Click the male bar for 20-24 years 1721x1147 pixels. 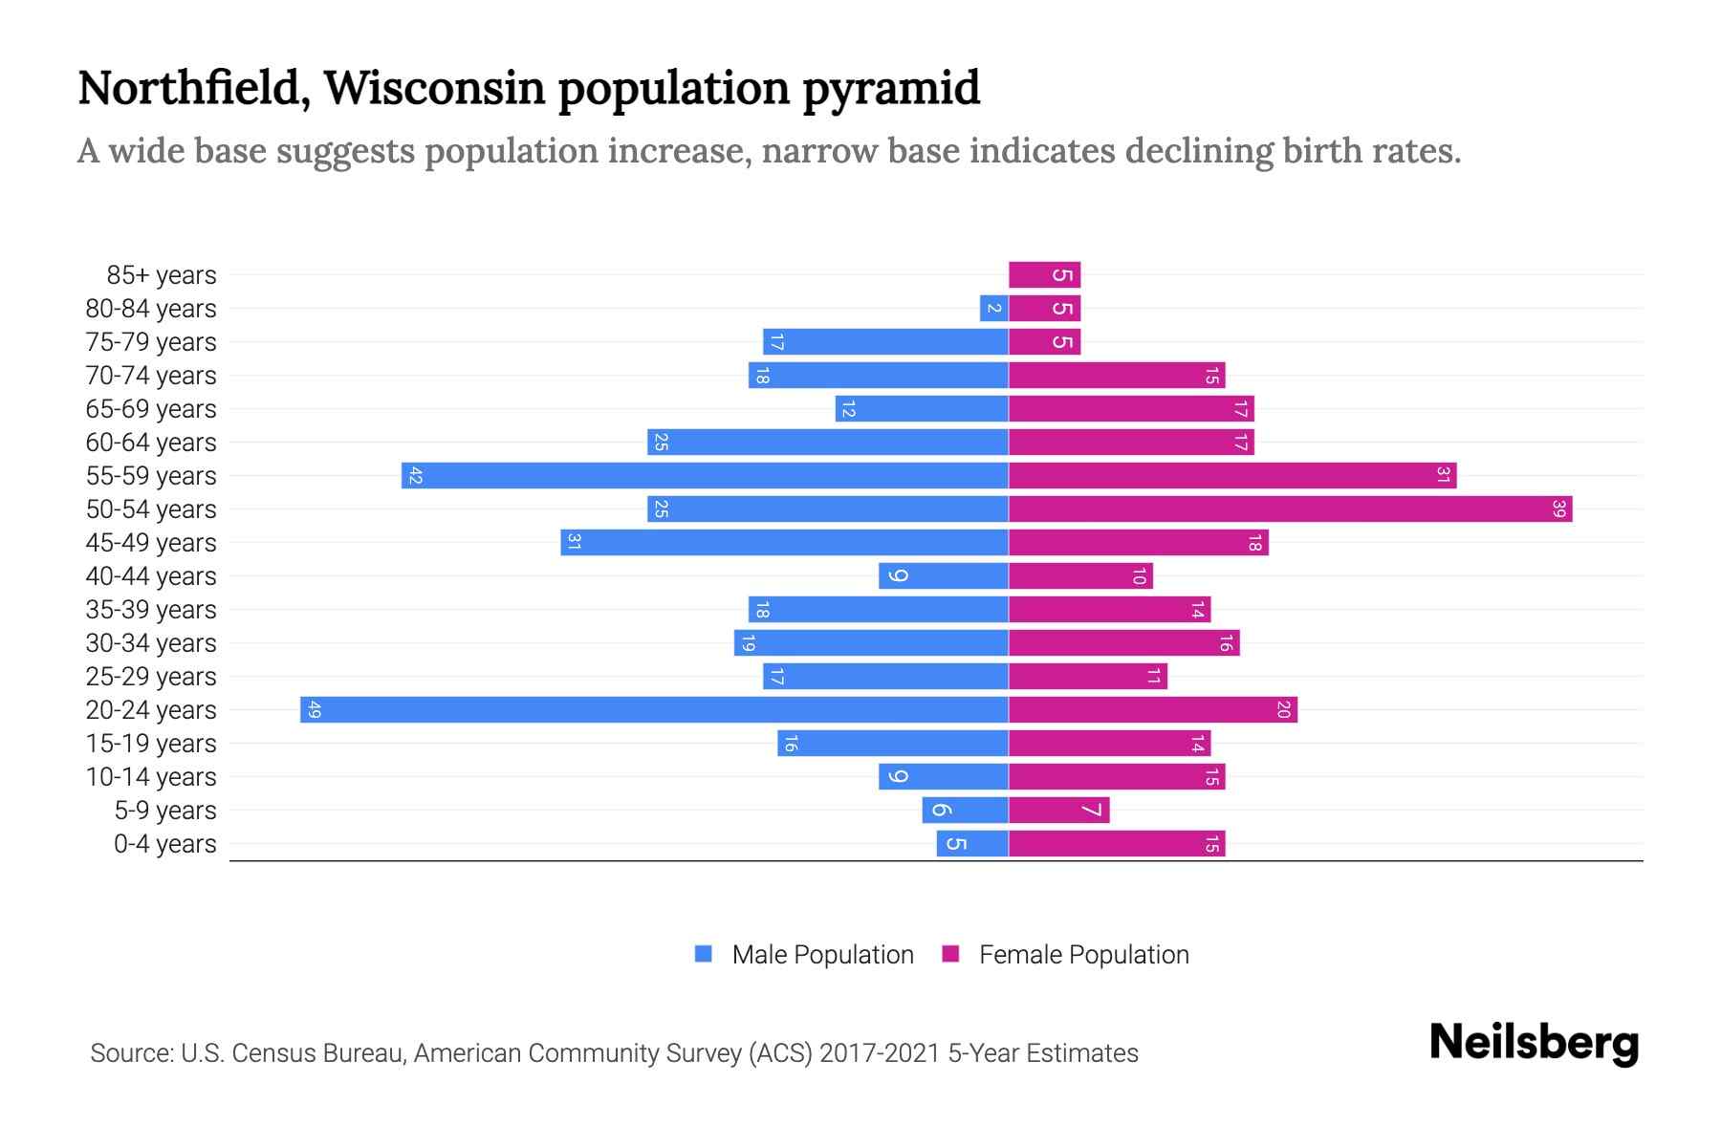(654, 710)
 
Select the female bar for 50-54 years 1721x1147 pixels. (1290, 509)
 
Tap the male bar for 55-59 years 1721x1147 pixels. (705, 476)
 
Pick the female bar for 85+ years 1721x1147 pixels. (1044, 275)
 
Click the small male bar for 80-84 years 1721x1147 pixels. (994, 309)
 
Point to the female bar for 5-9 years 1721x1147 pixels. (1058, 811)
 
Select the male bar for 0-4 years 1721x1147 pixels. (972, 844)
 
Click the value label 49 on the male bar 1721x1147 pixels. (315, 710)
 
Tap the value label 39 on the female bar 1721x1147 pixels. (1559, 509)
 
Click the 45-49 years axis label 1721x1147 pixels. (151, 543)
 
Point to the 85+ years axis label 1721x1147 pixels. (162, 275)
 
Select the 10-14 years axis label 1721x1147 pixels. (151, 777)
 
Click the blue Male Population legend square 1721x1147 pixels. (704, 954)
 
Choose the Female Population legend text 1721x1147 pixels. (1083, 955)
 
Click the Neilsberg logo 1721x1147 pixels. (1534, 1043)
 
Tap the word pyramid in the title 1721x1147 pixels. (891, 89)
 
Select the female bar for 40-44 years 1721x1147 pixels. (1080, 576)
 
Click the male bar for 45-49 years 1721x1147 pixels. (784, 543)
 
